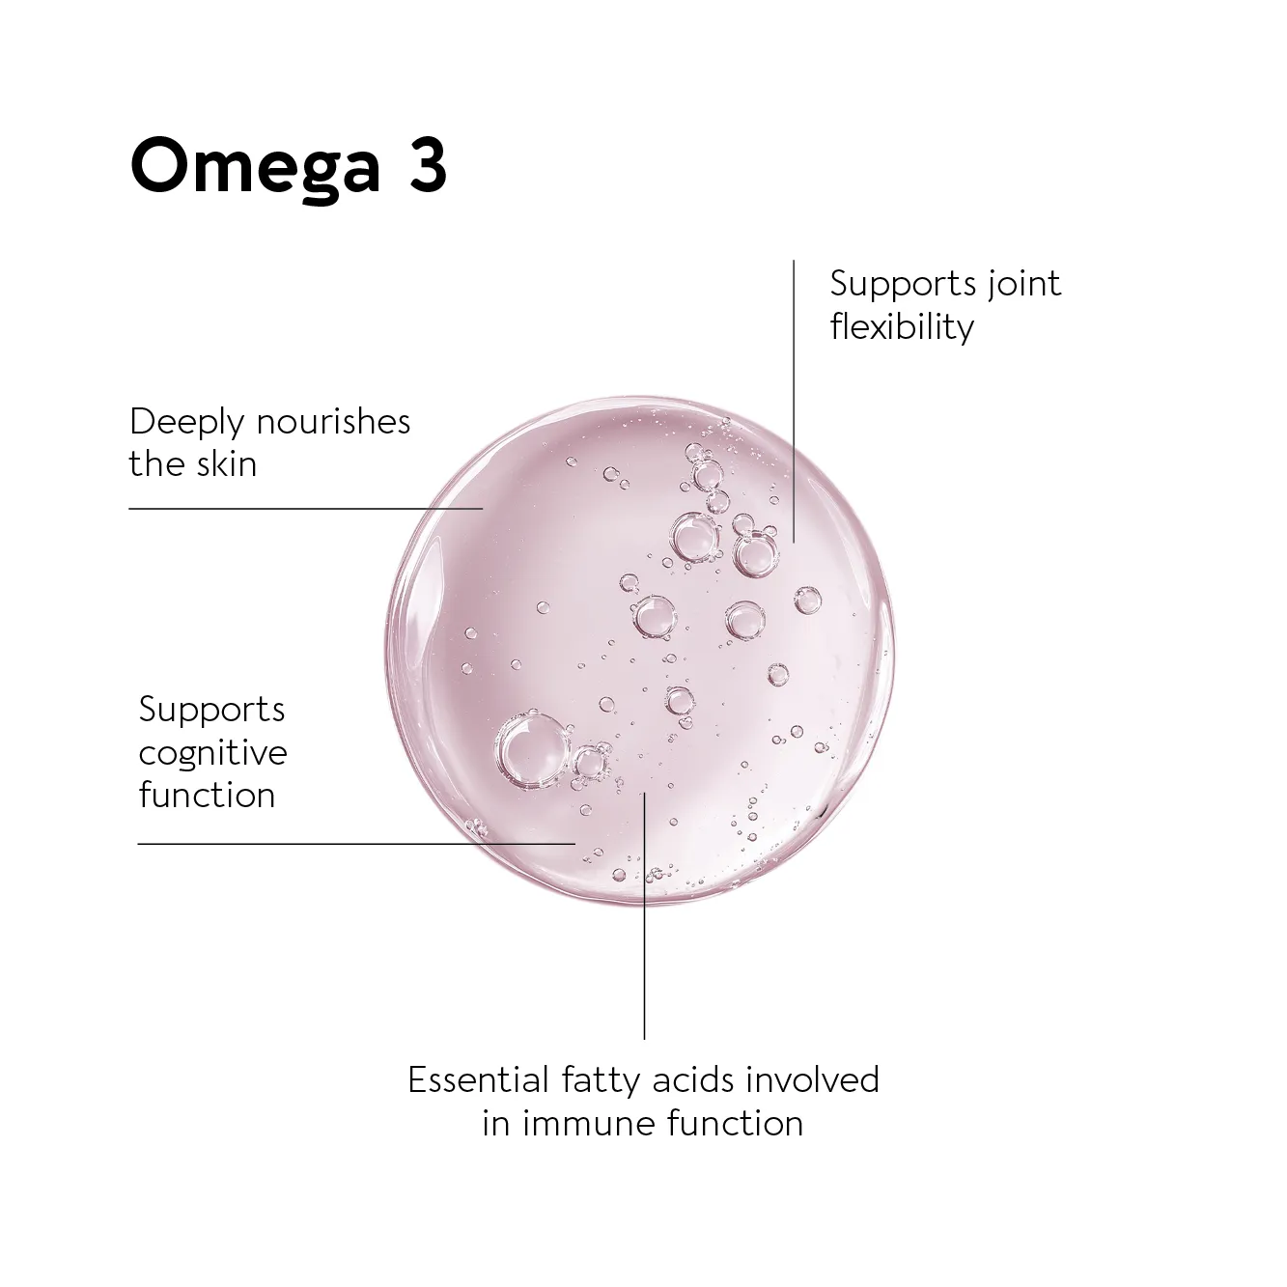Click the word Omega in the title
[x=255, y=167]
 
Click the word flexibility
[x=902, y=327]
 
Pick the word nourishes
[x=333, y=421]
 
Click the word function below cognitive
[x=207, y=795]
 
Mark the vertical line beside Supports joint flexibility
[x=794, y=402]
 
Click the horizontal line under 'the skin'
[x=306, y=508]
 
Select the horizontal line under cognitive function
[x=356, y=844]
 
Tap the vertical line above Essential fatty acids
[x=645, y=915]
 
